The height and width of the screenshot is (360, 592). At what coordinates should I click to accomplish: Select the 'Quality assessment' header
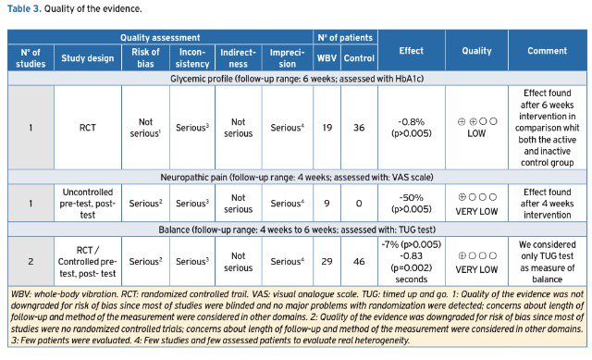[160, 38]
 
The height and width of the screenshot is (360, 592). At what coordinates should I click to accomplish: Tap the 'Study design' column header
[88, 58]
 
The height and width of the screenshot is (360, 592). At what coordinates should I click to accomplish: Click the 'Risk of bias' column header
[146, 57]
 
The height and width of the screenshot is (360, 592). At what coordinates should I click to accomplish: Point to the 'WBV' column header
[327, 58]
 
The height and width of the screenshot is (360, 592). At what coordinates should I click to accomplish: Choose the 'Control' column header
[359, 58]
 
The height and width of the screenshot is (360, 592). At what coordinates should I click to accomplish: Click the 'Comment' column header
[547, 51]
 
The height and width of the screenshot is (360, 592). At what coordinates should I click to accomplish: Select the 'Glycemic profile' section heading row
[297, 79]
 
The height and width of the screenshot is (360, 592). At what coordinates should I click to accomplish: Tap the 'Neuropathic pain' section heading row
[297, 177]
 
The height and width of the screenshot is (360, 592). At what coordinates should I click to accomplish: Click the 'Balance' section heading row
[297, 230]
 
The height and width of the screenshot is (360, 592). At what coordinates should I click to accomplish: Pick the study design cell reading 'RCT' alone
[88, 128]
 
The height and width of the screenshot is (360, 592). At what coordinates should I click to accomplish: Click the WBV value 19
[327, 128]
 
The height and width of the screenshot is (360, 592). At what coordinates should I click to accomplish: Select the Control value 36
[359, 128]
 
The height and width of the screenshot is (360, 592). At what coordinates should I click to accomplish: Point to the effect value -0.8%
[411, 122]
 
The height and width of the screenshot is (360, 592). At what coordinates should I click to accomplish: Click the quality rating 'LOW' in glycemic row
[476, 133]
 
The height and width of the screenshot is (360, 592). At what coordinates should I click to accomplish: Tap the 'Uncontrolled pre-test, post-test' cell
[88, 204]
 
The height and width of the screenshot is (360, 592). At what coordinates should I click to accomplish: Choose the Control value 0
[359, 204]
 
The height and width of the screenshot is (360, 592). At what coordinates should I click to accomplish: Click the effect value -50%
[411, 197]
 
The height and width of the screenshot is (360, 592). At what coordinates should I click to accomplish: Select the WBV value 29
[327, 261]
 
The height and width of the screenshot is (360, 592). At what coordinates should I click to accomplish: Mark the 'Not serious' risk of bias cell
[146, 128]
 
